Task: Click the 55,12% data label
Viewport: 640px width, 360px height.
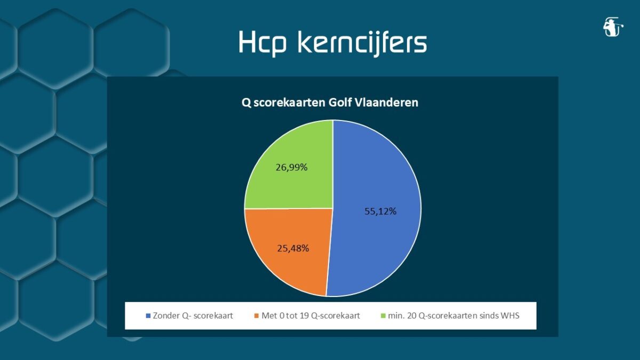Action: pyautogui.click(x=380, y=211)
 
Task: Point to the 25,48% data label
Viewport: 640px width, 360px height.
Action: pyautogui.click(x=293, y=249)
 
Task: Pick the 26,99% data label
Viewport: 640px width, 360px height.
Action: pyautogui.click(x=291, y=167)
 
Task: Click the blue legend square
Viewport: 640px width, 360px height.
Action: pyautogui.click(x=148, y=316)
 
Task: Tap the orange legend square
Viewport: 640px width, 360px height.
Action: pyautogui.click(x=257, y=316)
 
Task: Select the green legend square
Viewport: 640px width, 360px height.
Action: pyautogui.click(x=383, y=316)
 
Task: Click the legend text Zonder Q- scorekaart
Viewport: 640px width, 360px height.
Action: pyautogui.click(x=193, y=316)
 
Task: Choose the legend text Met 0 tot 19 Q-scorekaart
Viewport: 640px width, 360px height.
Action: pyautogui.click(x=310, y=316)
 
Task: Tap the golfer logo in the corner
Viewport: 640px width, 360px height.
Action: pyautogui.click(x=613, y=27)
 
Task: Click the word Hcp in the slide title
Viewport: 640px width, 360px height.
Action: pyautogui.click(x=262, y=43)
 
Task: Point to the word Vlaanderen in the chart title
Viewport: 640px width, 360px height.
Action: pyautogui.click(x=386, y=102)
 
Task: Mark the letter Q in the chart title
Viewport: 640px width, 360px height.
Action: pyautogui.click(x=246, y=102)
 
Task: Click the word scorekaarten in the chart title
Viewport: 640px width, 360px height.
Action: pyautogui.click(x=290, y=102)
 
